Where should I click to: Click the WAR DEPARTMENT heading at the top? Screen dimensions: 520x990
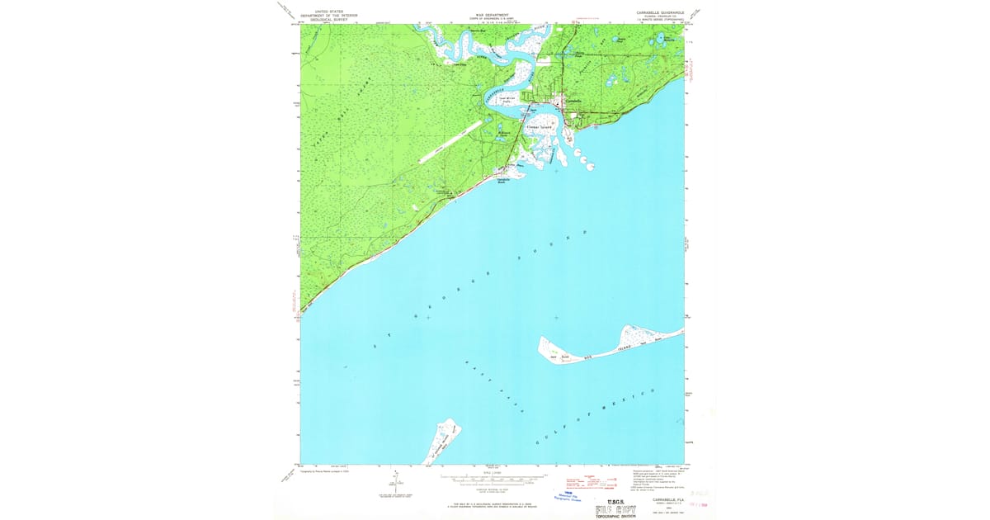click(493, 15)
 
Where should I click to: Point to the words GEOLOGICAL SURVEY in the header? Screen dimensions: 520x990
click(323, 20)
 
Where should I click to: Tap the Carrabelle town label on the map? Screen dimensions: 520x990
click(572, 102)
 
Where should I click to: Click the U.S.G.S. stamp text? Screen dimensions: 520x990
click(615, 499)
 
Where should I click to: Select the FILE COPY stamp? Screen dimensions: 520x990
click(615, 508)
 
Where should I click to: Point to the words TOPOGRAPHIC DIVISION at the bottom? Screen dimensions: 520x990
click(615, 517)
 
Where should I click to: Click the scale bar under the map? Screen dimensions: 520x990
click(493, 478)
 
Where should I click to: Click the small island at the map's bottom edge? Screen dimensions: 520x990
click(441, 442)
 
